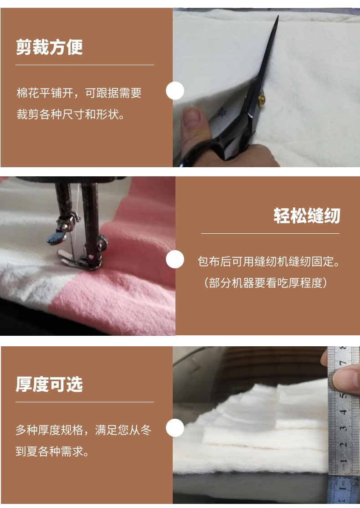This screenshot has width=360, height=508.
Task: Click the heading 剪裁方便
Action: click(49, 47)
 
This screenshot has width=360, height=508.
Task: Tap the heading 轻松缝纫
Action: click(307, 216)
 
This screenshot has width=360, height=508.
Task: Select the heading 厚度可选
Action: click(49, 385)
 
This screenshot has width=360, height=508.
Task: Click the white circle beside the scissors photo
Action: click(175, 91)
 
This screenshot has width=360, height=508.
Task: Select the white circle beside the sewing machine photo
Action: click(175, 259)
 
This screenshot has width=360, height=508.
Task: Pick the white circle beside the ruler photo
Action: click(175, 428)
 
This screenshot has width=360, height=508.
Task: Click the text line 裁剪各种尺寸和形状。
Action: click(71, 114)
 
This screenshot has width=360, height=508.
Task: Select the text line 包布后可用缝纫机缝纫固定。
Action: click(270, 262)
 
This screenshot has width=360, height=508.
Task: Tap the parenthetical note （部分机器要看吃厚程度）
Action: click(265, 283)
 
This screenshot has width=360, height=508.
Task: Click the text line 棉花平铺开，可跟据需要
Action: click(79, 93)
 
